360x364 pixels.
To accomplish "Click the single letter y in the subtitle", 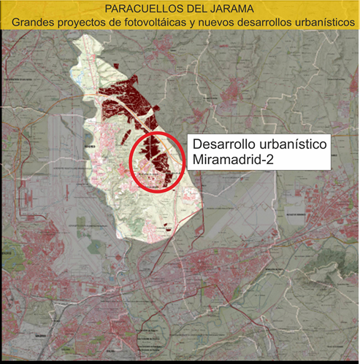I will click(x=200, y=23).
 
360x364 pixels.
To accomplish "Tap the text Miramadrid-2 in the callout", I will click(x=232, y=159).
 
